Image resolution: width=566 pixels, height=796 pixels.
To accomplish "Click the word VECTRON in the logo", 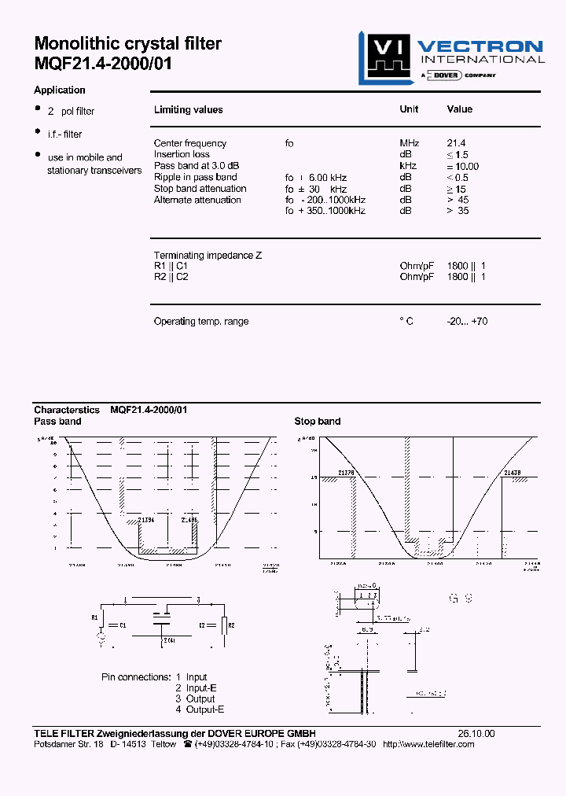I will pos(480,46).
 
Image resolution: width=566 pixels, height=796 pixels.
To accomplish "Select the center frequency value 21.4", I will pos(456,143).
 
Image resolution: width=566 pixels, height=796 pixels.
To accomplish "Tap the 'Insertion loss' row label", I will pos(182,154).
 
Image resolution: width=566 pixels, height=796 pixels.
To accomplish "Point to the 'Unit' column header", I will pos(409,110).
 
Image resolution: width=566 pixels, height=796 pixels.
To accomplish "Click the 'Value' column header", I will pos(460,110).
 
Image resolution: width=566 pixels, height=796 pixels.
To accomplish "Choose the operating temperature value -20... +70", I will pos(466,322).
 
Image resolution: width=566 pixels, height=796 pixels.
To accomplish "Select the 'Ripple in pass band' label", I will pos(195,177).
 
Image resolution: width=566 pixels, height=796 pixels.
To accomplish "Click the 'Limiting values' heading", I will pos(188,110).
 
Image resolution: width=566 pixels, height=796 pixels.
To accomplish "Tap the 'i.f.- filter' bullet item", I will pos(64,135).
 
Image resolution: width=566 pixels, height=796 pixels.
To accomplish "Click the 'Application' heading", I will pos(60,90).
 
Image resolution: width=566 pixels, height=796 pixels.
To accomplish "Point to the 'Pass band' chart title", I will pos(57,422).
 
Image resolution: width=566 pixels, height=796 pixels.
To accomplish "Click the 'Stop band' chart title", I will pos(317,422).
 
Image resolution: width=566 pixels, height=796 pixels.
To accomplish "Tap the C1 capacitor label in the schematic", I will pos(123,625).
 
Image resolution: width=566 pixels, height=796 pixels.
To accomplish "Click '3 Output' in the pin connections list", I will pos(195,698).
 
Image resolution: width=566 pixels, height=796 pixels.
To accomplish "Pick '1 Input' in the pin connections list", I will pos(191,676).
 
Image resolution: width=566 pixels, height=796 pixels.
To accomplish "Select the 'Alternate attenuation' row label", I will pos(197,200).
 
